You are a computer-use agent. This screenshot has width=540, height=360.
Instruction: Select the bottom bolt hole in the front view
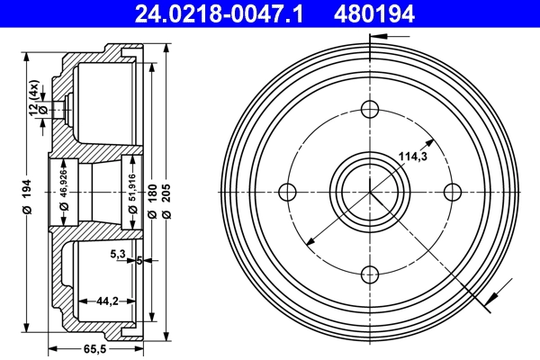370,274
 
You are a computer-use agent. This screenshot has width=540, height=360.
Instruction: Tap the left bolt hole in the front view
288,191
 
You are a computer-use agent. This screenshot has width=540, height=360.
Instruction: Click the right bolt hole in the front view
453,191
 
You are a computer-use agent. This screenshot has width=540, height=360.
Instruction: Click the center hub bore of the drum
370,191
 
